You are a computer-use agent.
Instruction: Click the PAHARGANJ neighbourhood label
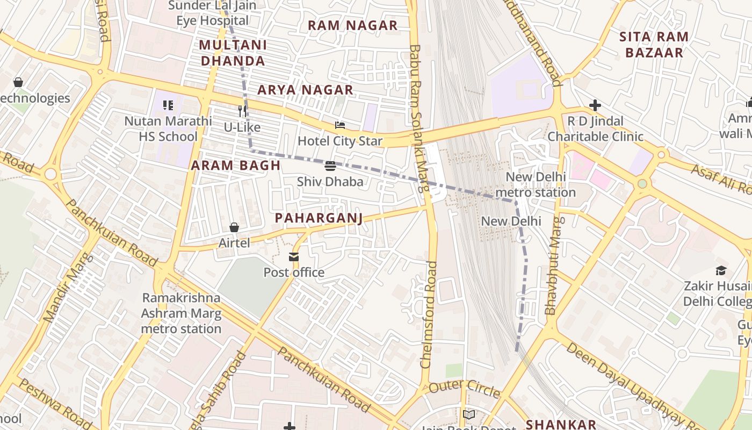(319, 218)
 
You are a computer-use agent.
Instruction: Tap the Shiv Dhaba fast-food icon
(330, 166)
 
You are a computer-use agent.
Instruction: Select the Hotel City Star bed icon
(340, 125)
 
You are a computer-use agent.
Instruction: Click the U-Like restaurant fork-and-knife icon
(242, 111)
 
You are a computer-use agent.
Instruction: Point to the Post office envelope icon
(294, 257)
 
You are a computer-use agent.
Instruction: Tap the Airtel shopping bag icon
(234, 227)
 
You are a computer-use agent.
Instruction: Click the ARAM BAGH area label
(236, 166)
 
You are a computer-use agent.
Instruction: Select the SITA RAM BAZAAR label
(654, 45)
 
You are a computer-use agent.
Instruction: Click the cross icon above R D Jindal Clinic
(595, 105)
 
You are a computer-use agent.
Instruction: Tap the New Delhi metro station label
(535, 184)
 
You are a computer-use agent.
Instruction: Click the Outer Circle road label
(465, 388)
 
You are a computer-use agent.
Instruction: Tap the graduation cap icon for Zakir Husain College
(721, 270)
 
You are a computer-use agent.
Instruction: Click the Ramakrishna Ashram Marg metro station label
(181, 313)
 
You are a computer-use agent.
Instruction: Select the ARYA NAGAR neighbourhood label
(305, 90)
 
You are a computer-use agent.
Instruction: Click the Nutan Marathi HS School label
(168, 128)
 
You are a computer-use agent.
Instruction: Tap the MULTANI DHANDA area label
(233, 53)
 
